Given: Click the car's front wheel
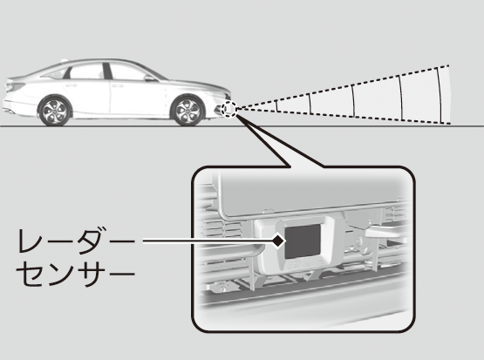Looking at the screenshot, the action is (x=187, y=111).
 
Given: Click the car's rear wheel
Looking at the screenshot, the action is (x=54, y=111).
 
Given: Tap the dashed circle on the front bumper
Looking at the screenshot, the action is (x=229, y=109).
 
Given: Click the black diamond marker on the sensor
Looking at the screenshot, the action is (x=278, y=241).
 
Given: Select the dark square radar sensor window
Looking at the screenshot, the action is (x=303, y=241).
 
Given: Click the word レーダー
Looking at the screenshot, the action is (x=76, y=241).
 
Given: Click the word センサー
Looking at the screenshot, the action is (x=76, y=273).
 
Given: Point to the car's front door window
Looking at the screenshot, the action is (x=127, y=71).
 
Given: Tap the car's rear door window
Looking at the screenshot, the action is (x=85, y=71).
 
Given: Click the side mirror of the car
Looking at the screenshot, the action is (x=150, y=78).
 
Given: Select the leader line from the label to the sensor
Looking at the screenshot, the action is (x=208, y=241).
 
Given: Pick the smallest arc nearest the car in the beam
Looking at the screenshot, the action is (x=276, y=105).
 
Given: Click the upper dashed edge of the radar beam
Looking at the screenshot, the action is (x=343, y=86).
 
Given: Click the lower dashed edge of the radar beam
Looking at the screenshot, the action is (x=344, y=116).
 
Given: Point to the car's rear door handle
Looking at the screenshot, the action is (x=73, y=85).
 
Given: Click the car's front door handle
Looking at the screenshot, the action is (x=117, y=85).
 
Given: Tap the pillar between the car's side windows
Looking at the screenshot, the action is (x=107, y=71).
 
